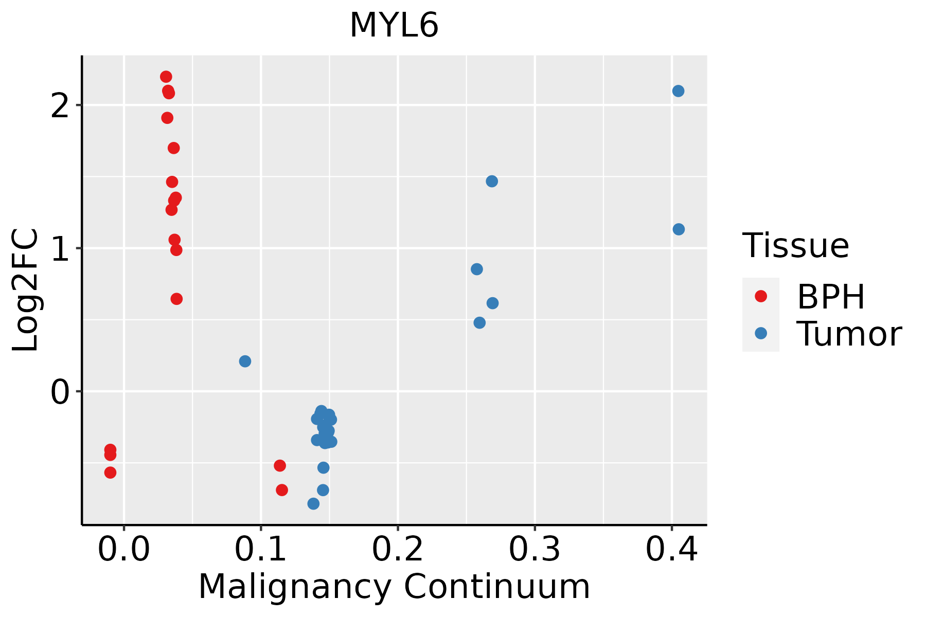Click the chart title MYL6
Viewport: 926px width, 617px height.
[394, 26]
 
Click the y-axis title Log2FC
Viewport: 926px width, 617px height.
[26, 290]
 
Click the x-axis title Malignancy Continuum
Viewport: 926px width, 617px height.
[394, 587]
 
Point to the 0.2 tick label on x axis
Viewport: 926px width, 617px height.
[398, 550]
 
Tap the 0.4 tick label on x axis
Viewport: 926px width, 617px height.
[671, 550]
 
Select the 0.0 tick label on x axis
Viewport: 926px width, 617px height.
[124, 550]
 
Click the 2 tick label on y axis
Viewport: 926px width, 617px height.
[61, 105]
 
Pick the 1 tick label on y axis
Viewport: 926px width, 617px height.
[61, 248]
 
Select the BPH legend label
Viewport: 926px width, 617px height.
[831, 297]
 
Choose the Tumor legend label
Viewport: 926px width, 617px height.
[849, 334]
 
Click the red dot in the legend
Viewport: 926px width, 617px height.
[760, 296]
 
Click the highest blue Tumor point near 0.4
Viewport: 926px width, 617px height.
[678, 91]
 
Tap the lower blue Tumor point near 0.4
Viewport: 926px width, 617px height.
[679, 229]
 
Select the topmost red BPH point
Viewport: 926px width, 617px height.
[166, 77]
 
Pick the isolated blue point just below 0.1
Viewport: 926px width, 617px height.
[245, 361]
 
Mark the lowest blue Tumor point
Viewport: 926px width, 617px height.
[313, 504]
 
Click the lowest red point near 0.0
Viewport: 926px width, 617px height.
[110, 473]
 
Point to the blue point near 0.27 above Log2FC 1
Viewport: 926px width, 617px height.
[492, 182]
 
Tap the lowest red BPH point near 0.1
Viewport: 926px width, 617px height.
[282, 490]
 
